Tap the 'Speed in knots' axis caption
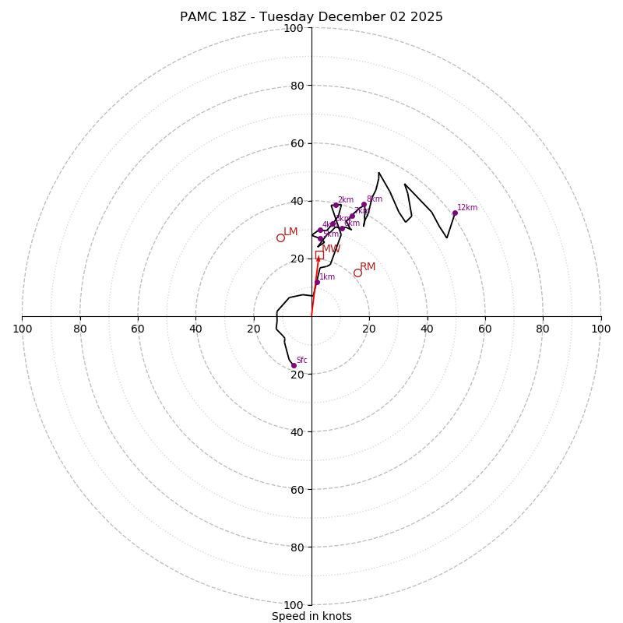[311, 616]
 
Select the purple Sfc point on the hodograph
[294, 365]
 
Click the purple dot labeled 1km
[317, 282]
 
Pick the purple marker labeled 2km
[336, 206]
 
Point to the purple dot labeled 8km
[364, 205]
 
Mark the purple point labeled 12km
[455, 213]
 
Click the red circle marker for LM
[280, 238]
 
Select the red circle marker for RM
[357, 273]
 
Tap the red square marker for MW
[319, 255]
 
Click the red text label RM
[368, 267]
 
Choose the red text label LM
[290, 232]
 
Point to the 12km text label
[467, 208]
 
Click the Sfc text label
[302, 361]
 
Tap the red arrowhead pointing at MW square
[318, 260]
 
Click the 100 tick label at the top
[294, 28]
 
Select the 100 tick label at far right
[600, 329]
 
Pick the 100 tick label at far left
[23, 329]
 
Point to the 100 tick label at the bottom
[294, 605]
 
